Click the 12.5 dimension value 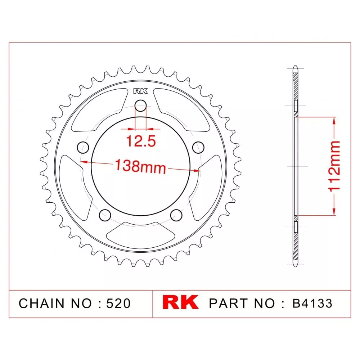[x=141, y=141]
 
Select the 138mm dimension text [x=140, y=166]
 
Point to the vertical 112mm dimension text [x=334, y=166]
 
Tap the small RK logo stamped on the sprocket [x=140, y=91]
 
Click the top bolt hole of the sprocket [x=140, y=105]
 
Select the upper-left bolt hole [x=83, y=147]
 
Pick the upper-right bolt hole [x=198, y=147]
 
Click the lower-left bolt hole [x=105, y=215]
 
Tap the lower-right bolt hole [x=176, y=215]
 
